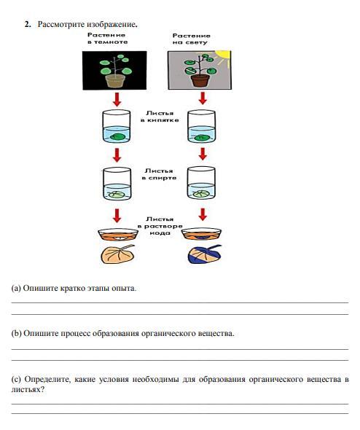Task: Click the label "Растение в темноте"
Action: point(107,39)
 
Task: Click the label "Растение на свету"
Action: point(191,39)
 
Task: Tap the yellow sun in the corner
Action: point(224,56)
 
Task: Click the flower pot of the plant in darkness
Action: point(115,81)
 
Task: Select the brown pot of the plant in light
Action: point(200,80)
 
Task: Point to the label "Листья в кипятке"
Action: point(160,117)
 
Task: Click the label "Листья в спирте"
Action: point(159,174)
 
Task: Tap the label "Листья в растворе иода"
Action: point(160,226)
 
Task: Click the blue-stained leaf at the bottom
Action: point(204,254)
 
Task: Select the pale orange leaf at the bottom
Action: point(117,254)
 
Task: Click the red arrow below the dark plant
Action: point(117,99)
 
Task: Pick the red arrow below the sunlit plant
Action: point(203,98)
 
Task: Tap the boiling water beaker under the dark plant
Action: point(117,126)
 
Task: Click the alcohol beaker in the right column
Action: point(201,183)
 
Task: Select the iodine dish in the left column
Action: point(118,235)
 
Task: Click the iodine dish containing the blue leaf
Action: point(201,234)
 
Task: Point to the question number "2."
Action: point(28,24)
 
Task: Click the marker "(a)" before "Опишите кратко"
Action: point(16,289)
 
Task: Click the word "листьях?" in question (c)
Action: point(28,389)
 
